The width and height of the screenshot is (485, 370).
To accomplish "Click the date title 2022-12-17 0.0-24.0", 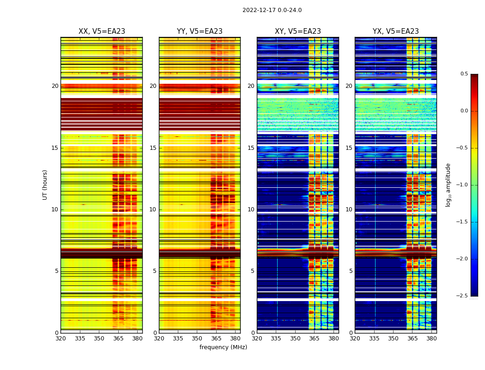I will click(x=272, y=10).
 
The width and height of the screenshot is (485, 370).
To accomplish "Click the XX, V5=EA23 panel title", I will click(x=102, y=31).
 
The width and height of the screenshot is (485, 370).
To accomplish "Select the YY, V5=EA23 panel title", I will click(x=200, y=31).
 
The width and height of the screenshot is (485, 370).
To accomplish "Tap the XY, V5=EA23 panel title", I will click(x=298, y=31).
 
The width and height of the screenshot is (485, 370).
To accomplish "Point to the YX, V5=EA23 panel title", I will click(x=396, y=31).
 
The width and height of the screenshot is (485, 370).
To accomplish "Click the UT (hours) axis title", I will click(x=45, y=185).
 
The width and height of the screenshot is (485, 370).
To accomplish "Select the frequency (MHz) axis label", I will click(x=223, y=347).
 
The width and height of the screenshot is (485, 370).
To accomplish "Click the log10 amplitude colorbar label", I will click(x=448, y=185).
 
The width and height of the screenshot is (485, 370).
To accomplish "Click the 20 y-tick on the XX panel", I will click(x=55, y=86).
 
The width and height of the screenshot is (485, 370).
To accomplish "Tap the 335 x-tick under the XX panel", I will click(x=80, y=338).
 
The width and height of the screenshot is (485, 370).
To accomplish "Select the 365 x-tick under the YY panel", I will click(x=216, y=338).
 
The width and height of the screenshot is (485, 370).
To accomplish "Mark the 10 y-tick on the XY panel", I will click(x=251, y=210).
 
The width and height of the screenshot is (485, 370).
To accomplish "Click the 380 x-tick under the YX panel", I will click(x=431, y=338).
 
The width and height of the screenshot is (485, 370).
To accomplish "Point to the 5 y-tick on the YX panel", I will click(x=351, y=271).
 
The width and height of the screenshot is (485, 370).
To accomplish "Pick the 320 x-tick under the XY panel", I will click(x=257, y=338).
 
